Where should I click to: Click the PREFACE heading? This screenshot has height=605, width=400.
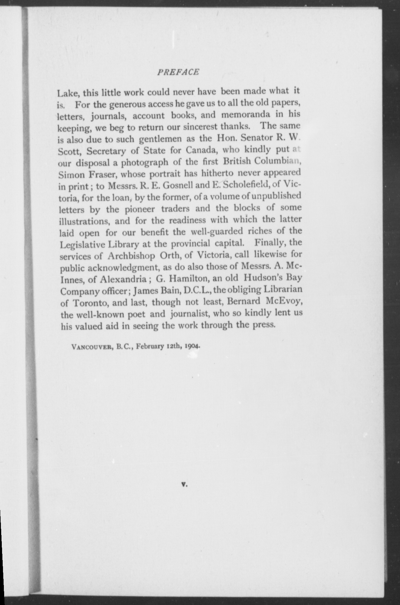[178, 72]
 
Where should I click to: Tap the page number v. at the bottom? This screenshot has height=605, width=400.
[184, 484]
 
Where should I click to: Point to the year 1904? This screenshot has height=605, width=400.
[192, 346]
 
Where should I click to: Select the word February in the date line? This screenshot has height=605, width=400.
[150, 347]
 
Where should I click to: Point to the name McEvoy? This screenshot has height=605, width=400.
[284, 301]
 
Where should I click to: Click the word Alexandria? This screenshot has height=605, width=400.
[123, 279]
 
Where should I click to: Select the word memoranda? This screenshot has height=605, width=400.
[246, 115]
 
